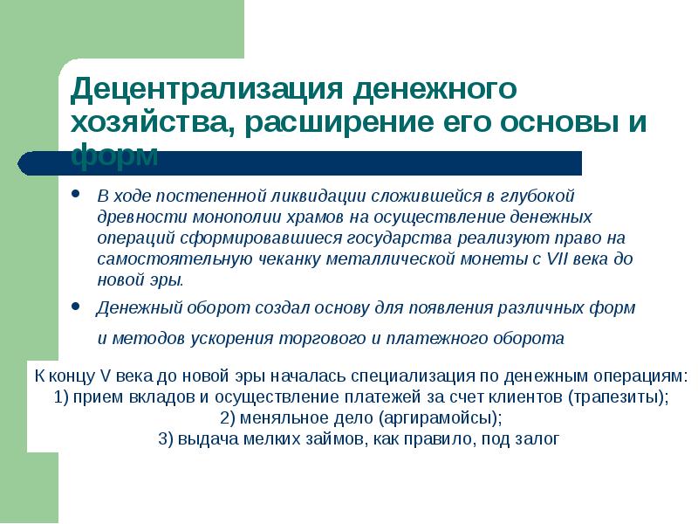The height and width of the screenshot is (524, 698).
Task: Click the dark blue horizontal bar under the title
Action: (349, 163)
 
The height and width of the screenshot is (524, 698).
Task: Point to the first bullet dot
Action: (77, 194)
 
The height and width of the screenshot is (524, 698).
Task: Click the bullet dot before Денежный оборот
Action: (77, 307)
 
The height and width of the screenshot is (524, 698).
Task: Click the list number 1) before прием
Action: (60, 397)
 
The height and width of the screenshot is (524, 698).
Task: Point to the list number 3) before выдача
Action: (167, 439)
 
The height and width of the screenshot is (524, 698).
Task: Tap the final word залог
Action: (536, 439)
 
